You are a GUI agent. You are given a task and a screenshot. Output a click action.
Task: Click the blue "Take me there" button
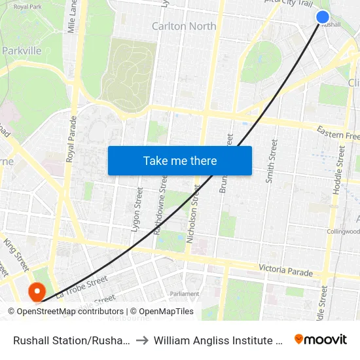pyautogui.click(x=180, y=161)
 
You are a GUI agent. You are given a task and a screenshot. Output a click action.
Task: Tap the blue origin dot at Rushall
pyautogui.click(x=323, y=17)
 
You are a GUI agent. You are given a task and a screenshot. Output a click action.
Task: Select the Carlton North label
pyautogui.click(x=184, y=26)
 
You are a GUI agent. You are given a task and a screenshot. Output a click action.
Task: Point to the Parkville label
pyautogui.click(x=22, y=50)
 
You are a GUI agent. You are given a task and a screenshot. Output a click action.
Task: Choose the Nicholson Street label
pyautogui.click(x=193, y=215)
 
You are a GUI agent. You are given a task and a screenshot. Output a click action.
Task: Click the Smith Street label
pyautogui.click(x=270, y=161)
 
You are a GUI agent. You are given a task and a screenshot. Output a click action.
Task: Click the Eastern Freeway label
pyautogui.click(x=338, y=134)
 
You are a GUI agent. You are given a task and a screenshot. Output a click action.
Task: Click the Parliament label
pyautogui.click(x=184, y=294)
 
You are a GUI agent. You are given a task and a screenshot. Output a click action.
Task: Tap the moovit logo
pyautogui.click(x=321, y=340)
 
